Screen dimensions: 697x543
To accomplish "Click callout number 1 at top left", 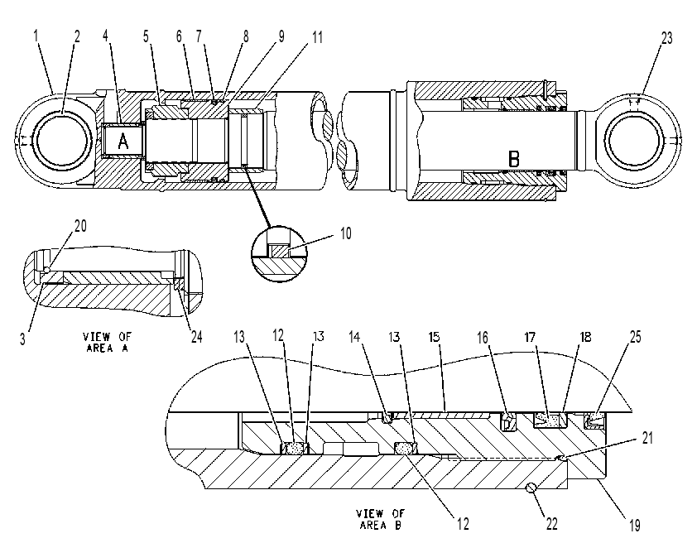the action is click(36, 36).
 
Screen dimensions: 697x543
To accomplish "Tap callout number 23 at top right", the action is click(666, 39).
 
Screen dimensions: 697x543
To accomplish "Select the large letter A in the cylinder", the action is click(123, 141).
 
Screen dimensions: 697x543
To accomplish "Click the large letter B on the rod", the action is click(513, 159).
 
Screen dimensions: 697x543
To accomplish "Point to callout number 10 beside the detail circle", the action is click(345, 233).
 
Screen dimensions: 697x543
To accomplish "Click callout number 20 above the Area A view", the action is click(80, 226).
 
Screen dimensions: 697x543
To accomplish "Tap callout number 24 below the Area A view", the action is click(196, 336).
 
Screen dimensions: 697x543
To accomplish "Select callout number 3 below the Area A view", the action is click(22, 339).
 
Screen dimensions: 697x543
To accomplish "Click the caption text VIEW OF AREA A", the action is click(108, 342).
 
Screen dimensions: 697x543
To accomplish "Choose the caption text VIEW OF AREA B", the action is click(380, 519).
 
